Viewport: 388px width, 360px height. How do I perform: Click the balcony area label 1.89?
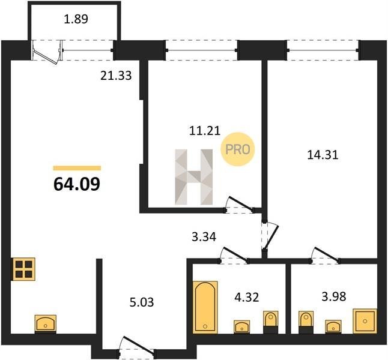click(x=76, y=19)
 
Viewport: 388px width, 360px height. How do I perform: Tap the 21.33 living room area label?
click(x=116, y=76)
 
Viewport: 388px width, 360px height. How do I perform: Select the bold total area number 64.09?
click(x=77, y=184)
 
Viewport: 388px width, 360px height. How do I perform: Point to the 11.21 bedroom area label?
click(x=205, y=131)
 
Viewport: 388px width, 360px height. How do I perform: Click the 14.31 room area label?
click(x=323, y=155)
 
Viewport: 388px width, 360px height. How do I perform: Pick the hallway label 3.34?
click(x=204, y=237)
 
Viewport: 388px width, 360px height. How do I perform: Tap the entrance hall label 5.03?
click(x=142, y=302)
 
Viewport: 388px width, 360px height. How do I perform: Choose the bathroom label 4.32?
click(x=247, y=297)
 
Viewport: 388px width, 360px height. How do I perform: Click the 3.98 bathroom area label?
click(x=334, y=296)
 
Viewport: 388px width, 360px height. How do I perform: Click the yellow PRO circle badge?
click(x=238, y=149)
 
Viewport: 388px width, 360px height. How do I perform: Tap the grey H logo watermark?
click(x=194, y=177)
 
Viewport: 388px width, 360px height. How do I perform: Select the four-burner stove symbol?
click(x=24, y=269)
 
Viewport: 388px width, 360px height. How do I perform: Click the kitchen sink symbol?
click(x=45, y=323)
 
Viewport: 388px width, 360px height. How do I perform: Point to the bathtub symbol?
click(x=205, y=307)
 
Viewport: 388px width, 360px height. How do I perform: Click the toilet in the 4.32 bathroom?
click(x=270, y=322)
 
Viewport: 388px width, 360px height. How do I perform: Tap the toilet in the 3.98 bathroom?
click(x=306, y=322)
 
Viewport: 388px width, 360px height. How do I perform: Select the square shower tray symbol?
click(x=365, y=320)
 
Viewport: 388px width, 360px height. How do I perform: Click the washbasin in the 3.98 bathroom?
click(x=333, y=326)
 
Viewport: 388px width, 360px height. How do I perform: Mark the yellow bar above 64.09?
click(x=77, y=168)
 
